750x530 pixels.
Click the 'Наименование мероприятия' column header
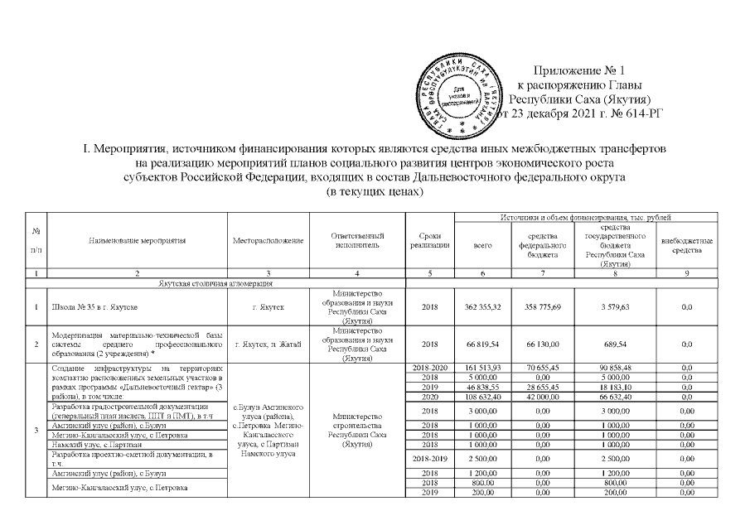[138, 240]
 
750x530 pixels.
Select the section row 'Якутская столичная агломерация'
[215, 284]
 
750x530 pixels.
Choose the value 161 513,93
[481, 367]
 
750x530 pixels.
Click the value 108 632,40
[481, 397]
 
